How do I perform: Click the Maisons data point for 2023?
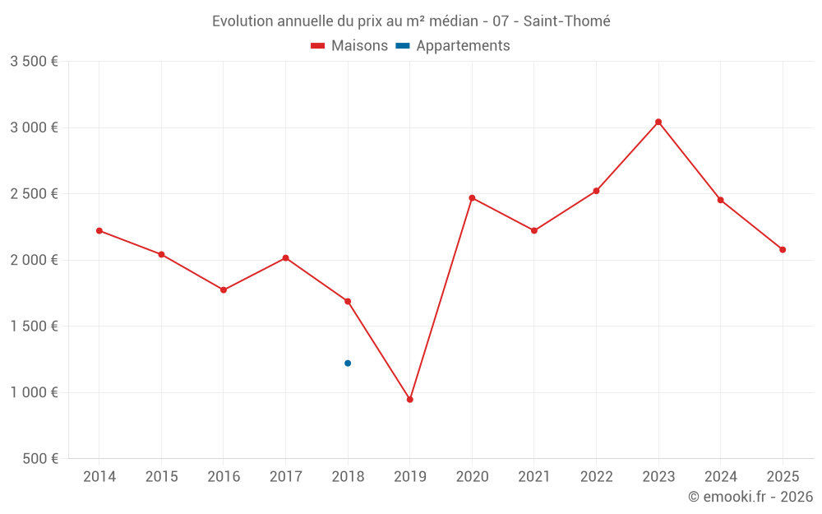(x=658, y=122)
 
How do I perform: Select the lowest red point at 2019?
(x=410, y=400)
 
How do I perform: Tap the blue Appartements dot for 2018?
(x=348, y=363)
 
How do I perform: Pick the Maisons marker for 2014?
(x=99, y=230)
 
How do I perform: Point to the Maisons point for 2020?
(x=472, y=197)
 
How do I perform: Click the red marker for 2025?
(x=783, y=249)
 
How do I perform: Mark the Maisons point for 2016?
(x=224, y=289)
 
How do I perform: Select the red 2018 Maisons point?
(x=348, y=301)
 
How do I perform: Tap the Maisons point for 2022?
(x=596, y=191)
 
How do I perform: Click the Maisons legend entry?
(x=349, y=46)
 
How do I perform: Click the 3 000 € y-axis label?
(x=34, y=127)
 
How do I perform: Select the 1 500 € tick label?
(x=34, y=326)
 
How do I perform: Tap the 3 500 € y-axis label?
(x=34, y=62)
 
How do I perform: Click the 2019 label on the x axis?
(x=410, y=476)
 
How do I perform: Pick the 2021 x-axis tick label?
(x=534, y=476)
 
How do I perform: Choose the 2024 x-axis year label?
(x=720, y=476)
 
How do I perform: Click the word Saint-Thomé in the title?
(x=566, y=21)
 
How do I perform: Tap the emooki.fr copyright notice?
(x=750, y=497)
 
